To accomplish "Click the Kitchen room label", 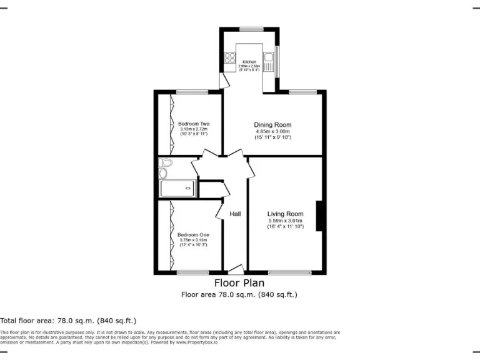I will tap(249, 62).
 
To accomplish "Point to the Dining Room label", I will tap(272, 124).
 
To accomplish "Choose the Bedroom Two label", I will tap(193, 124).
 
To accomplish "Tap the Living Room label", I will tap(285, 214).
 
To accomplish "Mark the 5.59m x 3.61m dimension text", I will tap(285, 221).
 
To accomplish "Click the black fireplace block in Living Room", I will tap(319, 216).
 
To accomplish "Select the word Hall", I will tap(235, 214).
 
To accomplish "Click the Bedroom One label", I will tap(193, 234).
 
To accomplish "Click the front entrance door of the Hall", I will tap(236, 269).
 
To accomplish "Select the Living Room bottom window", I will tap(289, 272).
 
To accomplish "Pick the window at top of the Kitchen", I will tap(251, 29).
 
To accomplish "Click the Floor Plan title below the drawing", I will tap(239, 282).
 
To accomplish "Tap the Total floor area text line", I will tap(68, 320).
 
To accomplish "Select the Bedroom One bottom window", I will tap(192, 272).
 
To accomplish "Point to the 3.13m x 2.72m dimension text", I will tap(193, 129).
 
